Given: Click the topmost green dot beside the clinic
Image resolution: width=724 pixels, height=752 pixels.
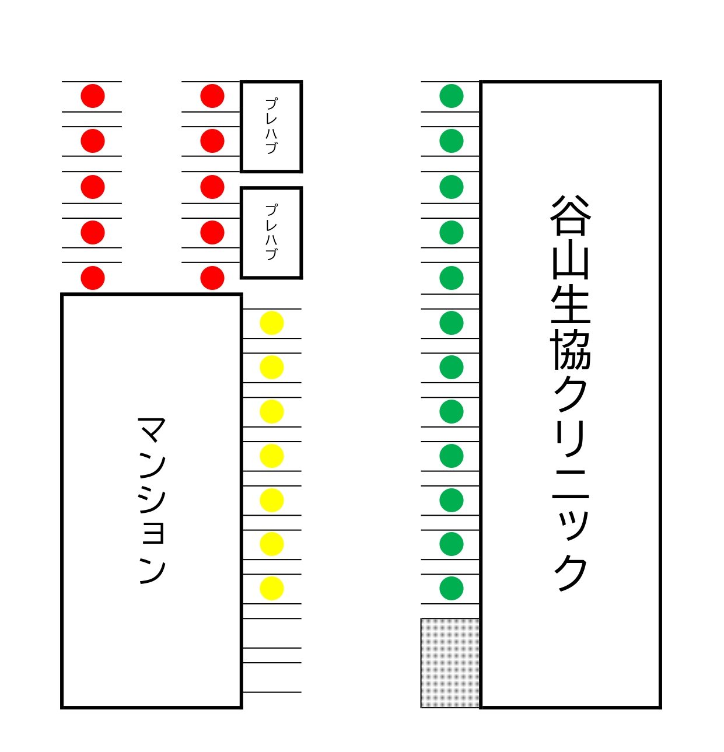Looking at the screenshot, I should click(451, 96).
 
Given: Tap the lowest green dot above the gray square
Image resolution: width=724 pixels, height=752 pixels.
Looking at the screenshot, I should click(451, 588).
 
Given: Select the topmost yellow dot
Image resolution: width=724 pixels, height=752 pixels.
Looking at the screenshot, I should click(271, 323).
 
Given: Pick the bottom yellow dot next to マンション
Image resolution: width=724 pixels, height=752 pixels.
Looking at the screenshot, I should click(271, 588).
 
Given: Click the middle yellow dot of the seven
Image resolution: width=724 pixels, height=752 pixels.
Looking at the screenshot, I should click(271, 456).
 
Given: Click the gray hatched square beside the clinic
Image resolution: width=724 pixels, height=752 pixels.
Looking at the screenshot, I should click(450, 663).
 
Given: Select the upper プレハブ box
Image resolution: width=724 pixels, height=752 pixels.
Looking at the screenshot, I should click(271, 127).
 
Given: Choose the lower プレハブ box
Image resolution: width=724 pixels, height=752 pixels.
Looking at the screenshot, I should click(271, 233).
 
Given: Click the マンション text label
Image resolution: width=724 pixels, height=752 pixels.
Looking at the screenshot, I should click(152, 500).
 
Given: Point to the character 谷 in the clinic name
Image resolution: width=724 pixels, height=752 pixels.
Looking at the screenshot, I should click(571, 215).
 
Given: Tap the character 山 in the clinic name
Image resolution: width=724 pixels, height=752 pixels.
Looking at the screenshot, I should click(571, 262).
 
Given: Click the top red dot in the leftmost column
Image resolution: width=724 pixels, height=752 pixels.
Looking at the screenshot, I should click(93, 96).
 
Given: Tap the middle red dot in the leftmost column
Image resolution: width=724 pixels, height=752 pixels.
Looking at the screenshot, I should click(93, 187).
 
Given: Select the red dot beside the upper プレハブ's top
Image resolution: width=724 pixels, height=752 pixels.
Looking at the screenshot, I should click(212, 96).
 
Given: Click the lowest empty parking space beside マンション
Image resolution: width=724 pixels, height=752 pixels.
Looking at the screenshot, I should click(271, 677).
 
